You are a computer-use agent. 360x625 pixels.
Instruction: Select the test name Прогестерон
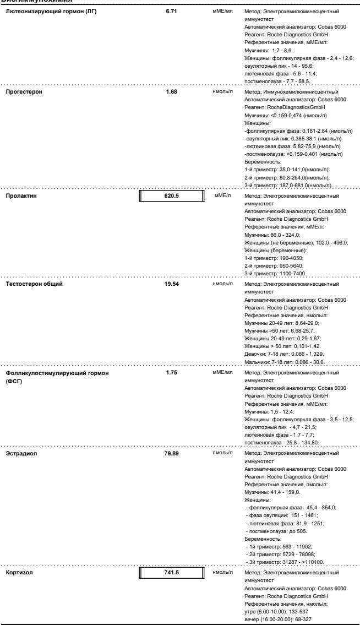25,92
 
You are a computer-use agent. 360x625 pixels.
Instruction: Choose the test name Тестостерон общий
34,284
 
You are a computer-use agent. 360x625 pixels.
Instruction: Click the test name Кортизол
20,573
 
